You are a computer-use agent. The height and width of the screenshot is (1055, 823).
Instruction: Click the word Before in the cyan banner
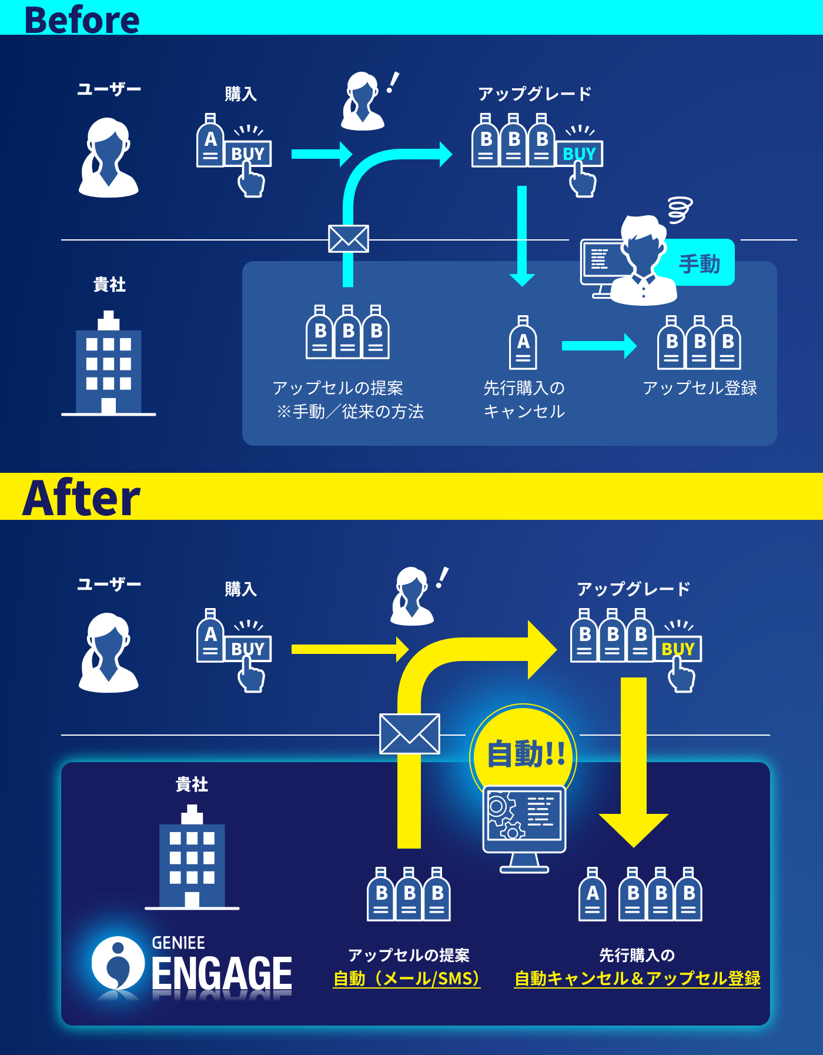click(82, 19)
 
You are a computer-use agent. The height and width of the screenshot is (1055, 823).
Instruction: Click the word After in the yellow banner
click(82, 498)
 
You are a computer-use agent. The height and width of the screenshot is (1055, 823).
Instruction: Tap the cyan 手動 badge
click(700, 263)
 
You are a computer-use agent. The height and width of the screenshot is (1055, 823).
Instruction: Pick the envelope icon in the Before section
click(349, 239)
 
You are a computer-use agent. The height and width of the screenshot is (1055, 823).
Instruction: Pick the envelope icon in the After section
click(410, 733)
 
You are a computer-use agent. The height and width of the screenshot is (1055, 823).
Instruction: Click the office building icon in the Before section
click(109, 365)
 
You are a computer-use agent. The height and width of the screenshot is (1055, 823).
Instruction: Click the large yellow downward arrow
click(634, 764)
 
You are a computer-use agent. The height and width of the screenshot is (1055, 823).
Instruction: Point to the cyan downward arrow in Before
click(522, 235)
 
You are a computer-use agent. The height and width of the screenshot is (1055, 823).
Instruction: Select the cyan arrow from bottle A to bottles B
click(598, 346)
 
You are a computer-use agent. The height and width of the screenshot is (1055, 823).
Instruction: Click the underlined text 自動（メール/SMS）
click(407, 979)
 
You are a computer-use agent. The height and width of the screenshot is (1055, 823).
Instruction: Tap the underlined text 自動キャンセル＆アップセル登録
click(637, 979)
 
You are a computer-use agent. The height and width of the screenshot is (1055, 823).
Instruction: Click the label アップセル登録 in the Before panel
click(700, 388)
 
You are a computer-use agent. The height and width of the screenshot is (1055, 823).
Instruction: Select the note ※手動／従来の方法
click(350, 412)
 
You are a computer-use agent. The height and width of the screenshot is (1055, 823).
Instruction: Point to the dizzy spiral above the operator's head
click(680, 210)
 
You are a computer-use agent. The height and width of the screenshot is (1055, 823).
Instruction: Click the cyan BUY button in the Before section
click(579, 153)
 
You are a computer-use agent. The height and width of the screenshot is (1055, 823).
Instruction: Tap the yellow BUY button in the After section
click(678, 649)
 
